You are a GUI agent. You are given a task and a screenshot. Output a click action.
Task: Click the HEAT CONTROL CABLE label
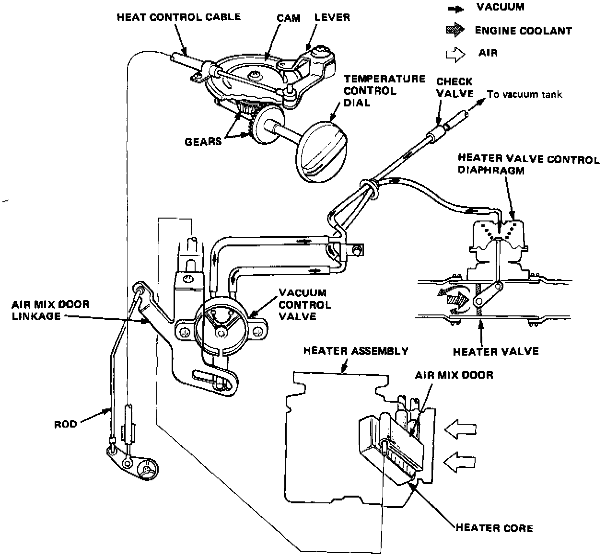tap(178, 17)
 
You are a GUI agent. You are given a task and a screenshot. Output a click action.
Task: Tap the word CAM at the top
tap(289, 18)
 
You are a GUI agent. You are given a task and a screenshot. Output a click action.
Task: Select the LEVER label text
tap(332, 18)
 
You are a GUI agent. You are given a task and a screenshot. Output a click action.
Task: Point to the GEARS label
tap(204, 141)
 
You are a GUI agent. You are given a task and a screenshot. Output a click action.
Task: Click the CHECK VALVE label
tap(454, 87)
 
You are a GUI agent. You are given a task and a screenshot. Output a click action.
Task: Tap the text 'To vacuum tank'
tap(524, 94)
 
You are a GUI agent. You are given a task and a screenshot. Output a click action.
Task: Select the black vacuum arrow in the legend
tap(454, 8)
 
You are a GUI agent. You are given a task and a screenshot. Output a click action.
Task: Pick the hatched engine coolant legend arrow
tap(454, 30)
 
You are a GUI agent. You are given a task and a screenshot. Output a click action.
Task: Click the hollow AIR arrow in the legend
tap(454, 54)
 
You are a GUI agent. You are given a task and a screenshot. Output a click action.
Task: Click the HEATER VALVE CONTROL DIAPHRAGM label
tap(528, 164)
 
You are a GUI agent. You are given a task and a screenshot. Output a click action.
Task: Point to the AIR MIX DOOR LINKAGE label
tap(51, 310)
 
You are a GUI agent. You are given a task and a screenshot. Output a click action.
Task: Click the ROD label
tap(66, 424)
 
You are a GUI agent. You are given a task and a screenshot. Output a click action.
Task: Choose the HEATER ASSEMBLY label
tap(356, 351)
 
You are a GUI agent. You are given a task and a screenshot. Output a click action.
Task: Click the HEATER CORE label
tap(494, 528)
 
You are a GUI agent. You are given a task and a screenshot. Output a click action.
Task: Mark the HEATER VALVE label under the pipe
tap(495, 351)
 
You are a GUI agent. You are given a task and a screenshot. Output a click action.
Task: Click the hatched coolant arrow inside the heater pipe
tap(457, 300)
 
